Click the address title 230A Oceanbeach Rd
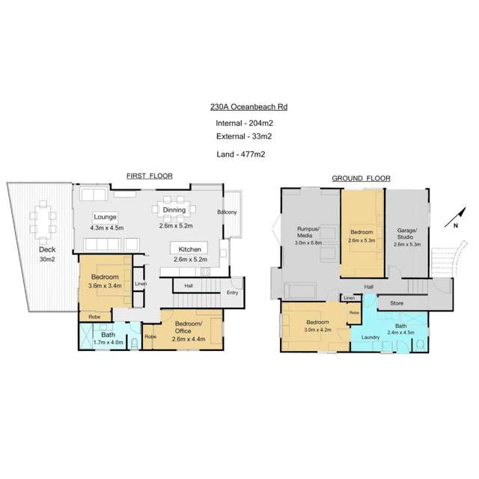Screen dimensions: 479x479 pyautogui.click(x=249, y=107)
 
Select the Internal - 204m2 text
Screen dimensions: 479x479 pyautogui.click(x=243, y=122)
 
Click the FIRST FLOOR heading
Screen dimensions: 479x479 pyautogui.click(x=149, y=176)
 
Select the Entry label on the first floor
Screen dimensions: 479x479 pyautogui.click(x=232, y=293)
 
